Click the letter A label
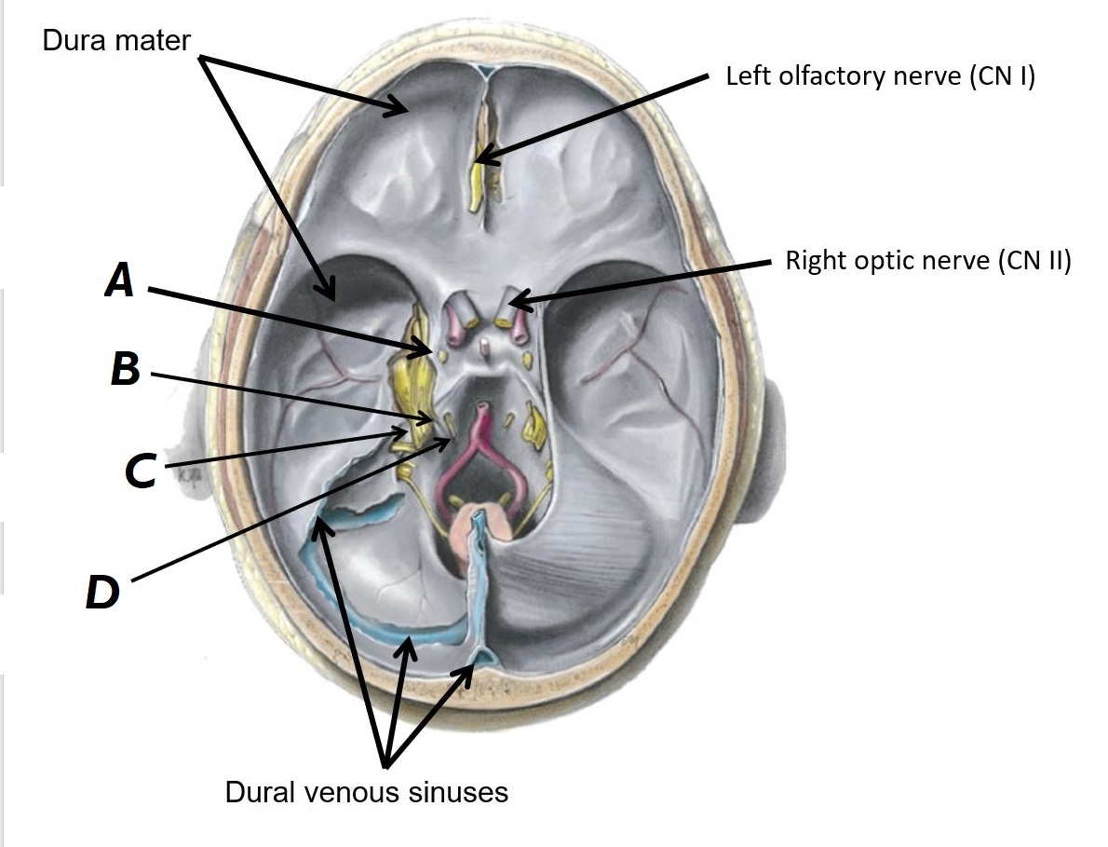(x=120, y=279)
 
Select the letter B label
(x=125, y=369)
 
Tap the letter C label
(x=140, y=471)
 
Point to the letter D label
(x=102, y=593)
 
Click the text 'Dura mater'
(x=116, y=40)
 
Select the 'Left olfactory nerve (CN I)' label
(x=880, y=76)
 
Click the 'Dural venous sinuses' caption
(x=367, y=792)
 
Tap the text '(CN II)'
(x=1034, y=260)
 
